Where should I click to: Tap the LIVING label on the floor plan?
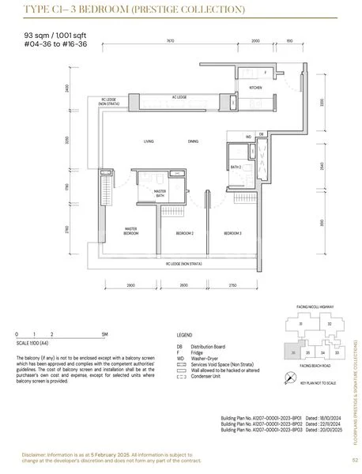[148, 141]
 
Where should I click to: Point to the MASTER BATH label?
[160, 193]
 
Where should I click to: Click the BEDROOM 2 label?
[184, 234]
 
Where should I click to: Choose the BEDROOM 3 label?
[232, 234]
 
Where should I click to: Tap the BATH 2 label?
[236, 167]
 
